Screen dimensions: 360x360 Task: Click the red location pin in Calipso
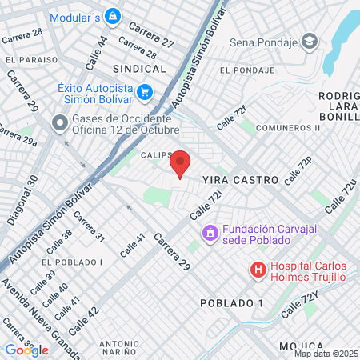[181, 164]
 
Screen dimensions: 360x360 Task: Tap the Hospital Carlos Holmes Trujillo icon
[258, 270]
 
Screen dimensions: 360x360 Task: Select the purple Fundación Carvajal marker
[210, 233]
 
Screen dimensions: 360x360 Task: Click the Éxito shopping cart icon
[145, 92]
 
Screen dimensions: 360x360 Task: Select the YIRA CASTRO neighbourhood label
[240, 181]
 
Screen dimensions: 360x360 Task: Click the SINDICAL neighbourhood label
[139, 69]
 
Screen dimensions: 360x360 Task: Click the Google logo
[26, 350]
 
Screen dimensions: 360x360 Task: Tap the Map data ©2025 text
[326, 354]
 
